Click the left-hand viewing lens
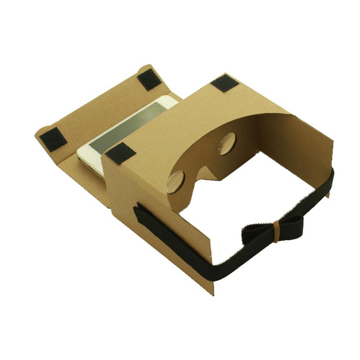pyautogui.click(x=176, y=182)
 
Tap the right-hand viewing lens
pyautogui.click(x=227, y=143)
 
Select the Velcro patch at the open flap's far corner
pyautogui.click(x=149, y=79)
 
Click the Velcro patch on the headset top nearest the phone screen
pyautogui.click(x=120, y=153)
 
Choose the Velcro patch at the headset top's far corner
pyautogui.click(x=224, y=83)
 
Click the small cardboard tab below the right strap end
pyautogui.click(x=328, y=194)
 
